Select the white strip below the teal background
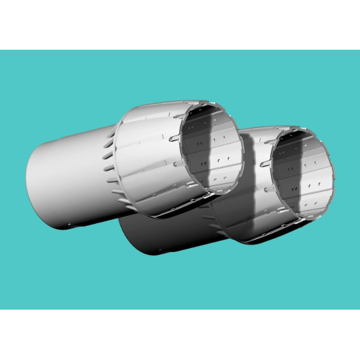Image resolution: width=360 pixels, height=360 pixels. [x=180, y=334]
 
